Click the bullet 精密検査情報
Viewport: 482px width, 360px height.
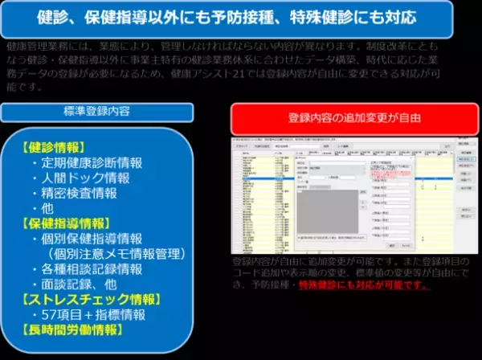80,193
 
